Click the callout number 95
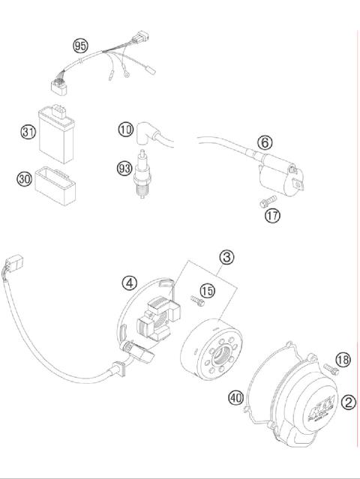click(x=80, y=46)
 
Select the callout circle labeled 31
click(x=28, y=133)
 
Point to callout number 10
click(x=125, y=130)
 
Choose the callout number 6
click(x=264, y=142)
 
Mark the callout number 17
click(x=272, y=216)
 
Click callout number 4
click(x=130, y=283)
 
